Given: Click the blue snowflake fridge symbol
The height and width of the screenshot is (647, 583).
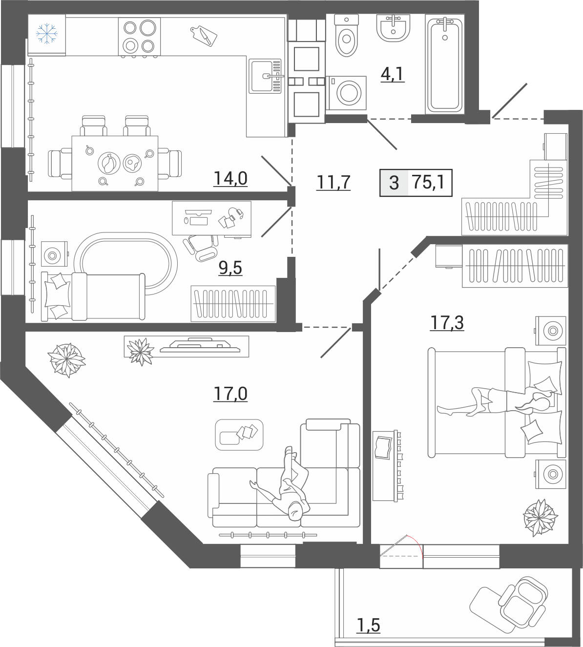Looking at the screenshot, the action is coord(47,33).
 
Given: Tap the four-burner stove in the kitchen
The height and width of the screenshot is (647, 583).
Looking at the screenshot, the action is coord(139,37).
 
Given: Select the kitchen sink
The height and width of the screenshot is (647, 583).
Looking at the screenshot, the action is coord(266,76).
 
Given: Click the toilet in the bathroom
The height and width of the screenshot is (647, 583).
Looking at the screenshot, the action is coord(346,36).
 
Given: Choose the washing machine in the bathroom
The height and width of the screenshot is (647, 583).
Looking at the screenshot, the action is coord(346,93).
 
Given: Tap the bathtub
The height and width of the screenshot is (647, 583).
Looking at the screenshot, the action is coord(445,64).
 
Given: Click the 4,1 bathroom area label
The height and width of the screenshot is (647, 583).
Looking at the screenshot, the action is coord(393,75).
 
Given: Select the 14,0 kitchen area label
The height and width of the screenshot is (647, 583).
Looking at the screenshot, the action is coord(230,179).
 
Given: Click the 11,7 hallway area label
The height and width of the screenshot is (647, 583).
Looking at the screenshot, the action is coord(333,182).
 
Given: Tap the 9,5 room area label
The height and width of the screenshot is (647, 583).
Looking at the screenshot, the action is coord(230,269).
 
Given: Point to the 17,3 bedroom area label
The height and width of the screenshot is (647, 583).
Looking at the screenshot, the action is coord(447,323).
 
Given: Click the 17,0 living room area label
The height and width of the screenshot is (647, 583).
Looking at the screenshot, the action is coord(230,394).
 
